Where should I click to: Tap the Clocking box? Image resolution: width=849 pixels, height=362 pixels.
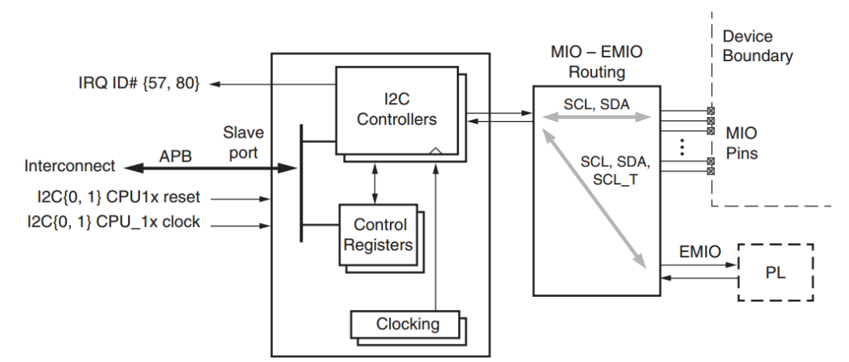coord(406,323)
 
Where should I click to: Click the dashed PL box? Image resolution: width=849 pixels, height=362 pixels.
coord(774,272)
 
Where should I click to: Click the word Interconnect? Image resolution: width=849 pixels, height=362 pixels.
coord(70,166)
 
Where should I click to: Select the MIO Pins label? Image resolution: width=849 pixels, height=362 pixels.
coord(741,143)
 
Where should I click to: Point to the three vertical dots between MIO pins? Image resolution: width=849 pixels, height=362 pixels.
coord(682,146)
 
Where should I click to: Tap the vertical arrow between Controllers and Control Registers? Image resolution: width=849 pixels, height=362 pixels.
coord(375,181)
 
